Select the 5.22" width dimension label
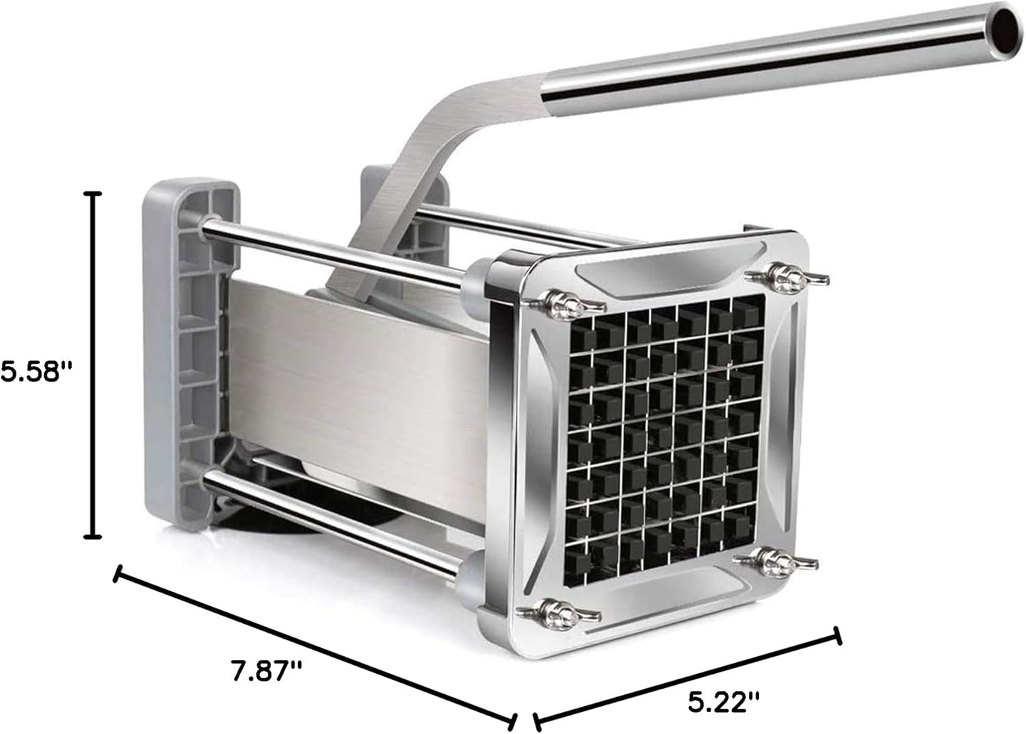pyautogui.click(x=724, y=703)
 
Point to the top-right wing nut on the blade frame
pyautogui.click(x=787, y=276)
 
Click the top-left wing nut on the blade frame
pyautogui.click(x=564, y=302)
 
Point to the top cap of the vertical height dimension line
pyautogui.click(x=93, y=194)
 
